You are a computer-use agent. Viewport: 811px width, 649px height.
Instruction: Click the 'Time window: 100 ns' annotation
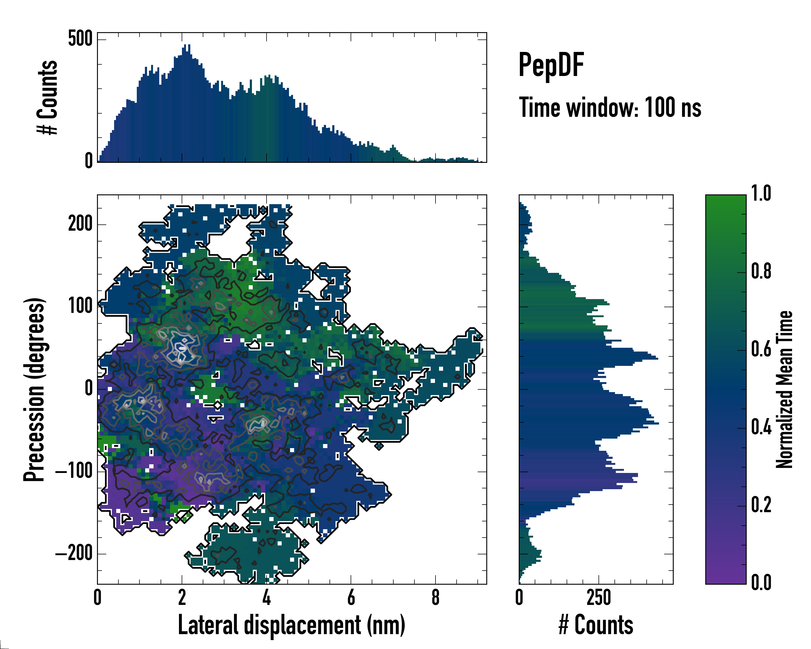coord(610,108)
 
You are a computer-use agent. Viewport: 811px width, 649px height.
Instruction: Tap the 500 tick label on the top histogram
coord(80,38)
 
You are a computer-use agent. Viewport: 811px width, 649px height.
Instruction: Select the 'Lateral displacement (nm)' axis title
coord(291,625)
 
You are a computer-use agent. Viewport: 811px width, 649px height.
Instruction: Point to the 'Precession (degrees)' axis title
coord(35,389)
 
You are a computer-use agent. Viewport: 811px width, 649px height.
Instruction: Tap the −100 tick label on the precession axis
coord(74,471)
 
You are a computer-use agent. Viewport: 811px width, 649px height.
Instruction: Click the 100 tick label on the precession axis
coord(80,306)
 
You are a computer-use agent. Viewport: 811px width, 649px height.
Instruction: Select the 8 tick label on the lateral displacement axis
coord(435,597)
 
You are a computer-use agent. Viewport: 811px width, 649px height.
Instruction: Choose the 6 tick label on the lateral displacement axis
coord(351,597)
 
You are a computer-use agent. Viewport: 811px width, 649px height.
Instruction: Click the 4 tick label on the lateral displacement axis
coord(266,597)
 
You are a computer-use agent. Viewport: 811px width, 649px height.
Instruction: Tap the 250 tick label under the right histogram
coord(599,597)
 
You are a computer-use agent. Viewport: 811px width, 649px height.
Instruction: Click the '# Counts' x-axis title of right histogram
coord(596,625)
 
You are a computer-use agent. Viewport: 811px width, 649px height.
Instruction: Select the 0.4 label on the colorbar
coord(761,428)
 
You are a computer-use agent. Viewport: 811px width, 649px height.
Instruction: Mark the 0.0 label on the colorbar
coord(761,582)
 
